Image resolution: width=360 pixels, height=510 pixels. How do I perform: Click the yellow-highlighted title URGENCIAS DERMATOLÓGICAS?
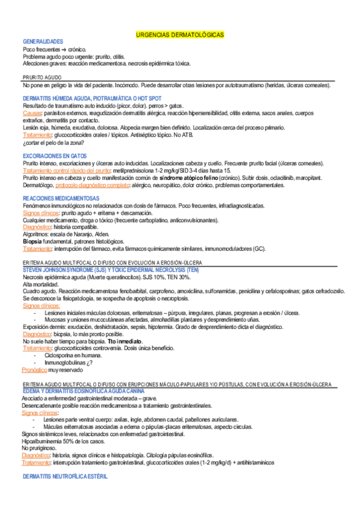[x=180, y=35]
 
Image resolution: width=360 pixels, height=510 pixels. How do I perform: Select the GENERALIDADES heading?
[x=43, y=41]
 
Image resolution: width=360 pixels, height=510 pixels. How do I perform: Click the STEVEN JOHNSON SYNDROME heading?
[x=111, y=269]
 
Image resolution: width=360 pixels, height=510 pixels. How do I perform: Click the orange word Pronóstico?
[x=34, y=370]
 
